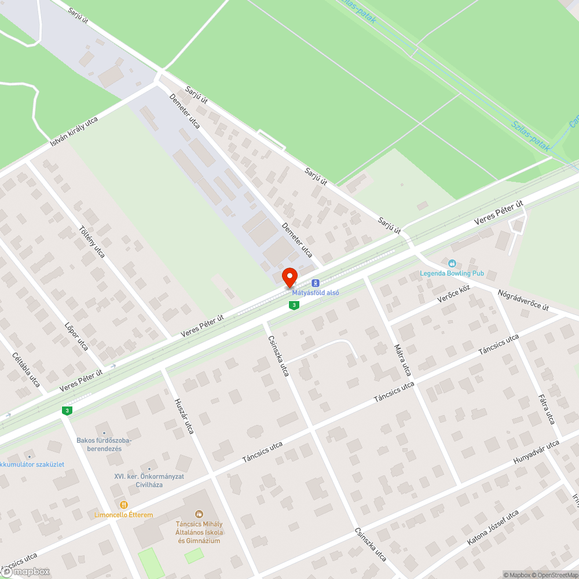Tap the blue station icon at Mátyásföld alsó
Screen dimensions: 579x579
pyautogui.click(x=315, y=283)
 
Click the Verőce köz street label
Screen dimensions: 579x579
pyautogui.click(x=453, y=295)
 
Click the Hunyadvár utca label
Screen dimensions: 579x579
pyautogui.click(x=537, y=452)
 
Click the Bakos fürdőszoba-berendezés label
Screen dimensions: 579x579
pyautogui.click(x=104, y=444)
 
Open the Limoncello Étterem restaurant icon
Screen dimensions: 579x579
pyautogui.click(x=123, y=505)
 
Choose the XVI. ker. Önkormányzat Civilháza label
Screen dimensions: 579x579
pyautogui.click(x=149, y=480)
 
